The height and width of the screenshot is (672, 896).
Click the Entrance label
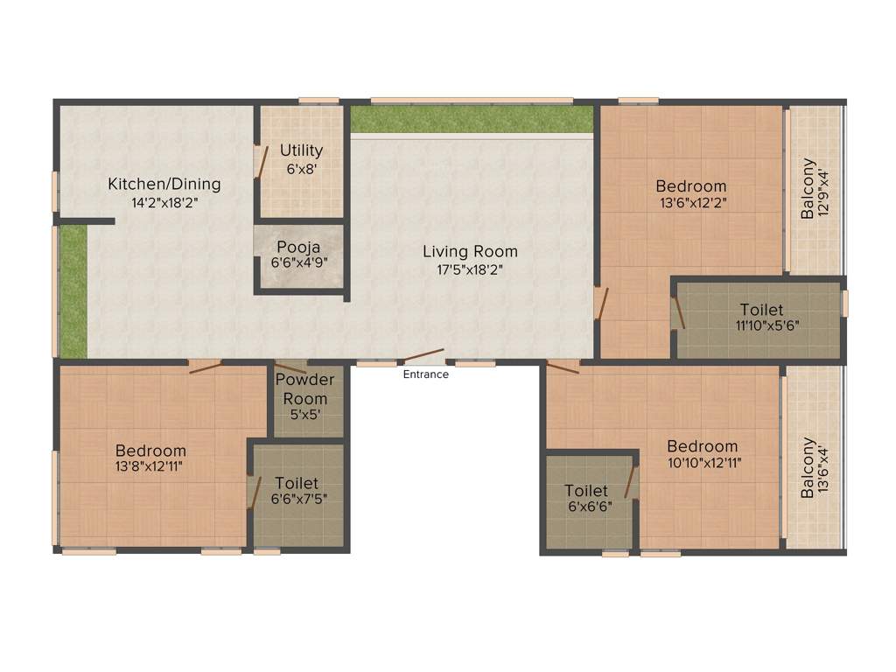tap(425, 374)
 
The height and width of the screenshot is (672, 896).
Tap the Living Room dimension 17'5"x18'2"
tap(470, 269)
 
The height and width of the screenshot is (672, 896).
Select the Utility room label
tap(301, 150)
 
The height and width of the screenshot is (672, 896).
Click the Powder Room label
tap(304, 388)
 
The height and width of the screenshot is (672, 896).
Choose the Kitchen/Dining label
tap(164, 184)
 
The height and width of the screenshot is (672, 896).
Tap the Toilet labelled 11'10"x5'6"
tap(761, 310)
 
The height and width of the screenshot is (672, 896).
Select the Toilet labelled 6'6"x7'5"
tap(297, 483)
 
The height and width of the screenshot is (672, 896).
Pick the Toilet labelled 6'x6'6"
tap(586, 491)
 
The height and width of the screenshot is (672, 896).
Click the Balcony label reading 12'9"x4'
tap(808, 188)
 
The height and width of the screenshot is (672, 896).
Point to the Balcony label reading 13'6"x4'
tap(808, 467)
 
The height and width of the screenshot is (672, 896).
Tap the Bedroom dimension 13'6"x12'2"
tap(691, 202)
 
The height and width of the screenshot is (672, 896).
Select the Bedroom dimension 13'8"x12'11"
tap(151, 466)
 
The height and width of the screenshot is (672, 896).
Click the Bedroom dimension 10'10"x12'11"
tap(702, 463)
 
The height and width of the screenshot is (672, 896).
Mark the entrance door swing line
tap(423, 355)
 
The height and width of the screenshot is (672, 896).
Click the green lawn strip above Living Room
tap(472, 119)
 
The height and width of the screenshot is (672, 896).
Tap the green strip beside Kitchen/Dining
tap(74, 290)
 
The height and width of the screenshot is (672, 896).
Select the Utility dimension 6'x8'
tap(301, 168)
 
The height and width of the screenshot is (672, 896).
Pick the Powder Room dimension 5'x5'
tap(304, 415)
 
